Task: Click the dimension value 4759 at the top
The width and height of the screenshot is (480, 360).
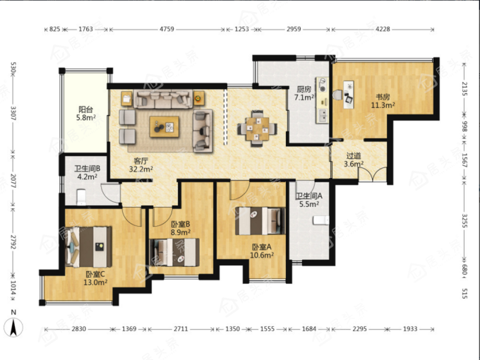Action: pyautogui.click(x=167, y=29)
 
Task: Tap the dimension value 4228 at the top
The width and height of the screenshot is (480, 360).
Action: pyautogui.click(x=383, y=29)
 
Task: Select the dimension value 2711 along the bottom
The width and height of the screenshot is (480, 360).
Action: pyautogui.click(x=181, y=329)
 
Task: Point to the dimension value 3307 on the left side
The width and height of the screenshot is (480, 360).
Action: pyautogui.click(x=13, y=114)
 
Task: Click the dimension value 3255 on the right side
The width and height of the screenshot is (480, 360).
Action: pyautogui.click(x=464, y=221)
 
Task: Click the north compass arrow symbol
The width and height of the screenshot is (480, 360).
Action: pyautogui.click(x=13, y=327)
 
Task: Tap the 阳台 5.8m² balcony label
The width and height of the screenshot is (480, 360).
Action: pyautogui.click(x=86, y=113)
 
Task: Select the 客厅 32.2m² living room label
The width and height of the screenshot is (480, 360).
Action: pyautogui.click(x=140, y=164)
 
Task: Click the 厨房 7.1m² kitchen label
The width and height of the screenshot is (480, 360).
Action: pyautogui.click(x=304, y=93)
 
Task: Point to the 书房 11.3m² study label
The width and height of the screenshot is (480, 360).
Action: pyautogui.click(x=383, y=101)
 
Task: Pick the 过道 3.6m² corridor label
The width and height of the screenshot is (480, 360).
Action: pyautogui.click(x=354, y=160)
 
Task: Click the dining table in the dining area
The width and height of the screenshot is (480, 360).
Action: pyautogui.click(x=258, y=128)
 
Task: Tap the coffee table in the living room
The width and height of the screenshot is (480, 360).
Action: pyautogui.click(x=164, y=127)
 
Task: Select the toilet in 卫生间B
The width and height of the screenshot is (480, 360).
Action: pyautogui.click(x=81, y=197)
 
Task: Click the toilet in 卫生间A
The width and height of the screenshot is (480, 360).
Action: pyautogui.click(x=320, y=220)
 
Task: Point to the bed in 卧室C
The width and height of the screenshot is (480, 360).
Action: pyautogui.click(x=88, y=247)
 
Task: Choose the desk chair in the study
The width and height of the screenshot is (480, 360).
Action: pyautogui.click(x=337, y=95)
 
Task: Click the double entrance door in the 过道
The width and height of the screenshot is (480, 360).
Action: pyautogui.click(x=372, y=174)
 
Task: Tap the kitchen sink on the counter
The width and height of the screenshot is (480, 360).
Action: pyautogui.click(x=323, y=115)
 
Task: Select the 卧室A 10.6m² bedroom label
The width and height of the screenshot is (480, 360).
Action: pyautogui.click(x=262, y=251)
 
